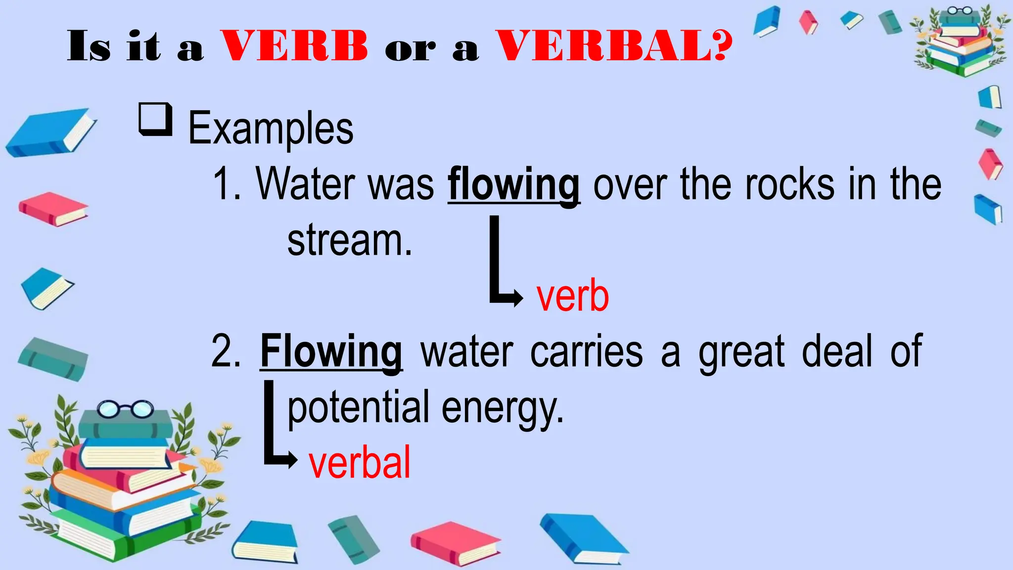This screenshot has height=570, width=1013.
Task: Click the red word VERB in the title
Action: pos(294,46)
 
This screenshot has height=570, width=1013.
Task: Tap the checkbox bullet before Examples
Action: pos(155,119)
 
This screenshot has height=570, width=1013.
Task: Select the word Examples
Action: pos(271,129)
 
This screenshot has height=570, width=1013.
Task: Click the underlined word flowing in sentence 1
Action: pos(513,185)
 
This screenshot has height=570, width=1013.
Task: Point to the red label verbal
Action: pos(360,462)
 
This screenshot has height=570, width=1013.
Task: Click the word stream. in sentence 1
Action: pos(350,240)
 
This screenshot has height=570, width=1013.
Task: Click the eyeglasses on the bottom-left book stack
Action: pos(126,409)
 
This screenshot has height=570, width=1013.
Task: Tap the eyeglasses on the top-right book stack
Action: pos(960,10)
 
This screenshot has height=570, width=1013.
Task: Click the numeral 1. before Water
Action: pos(227,184)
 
